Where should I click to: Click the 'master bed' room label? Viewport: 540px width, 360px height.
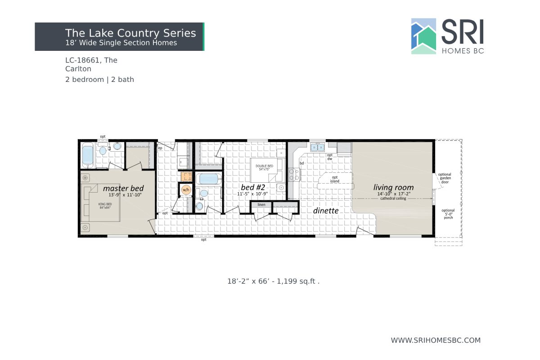pos(123,188)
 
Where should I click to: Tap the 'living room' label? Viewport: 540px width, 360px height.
pos(393,187)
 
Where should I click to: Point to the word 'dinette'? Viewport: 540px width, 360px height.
pos(326,210)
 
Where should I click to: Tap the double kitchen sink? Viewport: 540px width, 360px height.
pos(318,147)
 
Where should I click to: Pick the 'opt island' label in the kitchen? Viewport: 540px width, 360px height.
pos(335,179)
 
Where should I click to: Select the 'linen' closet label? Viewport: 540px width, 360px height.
pos(261,205)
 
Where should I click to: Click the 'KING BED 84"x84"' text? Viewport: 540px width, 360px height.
pos(105,206)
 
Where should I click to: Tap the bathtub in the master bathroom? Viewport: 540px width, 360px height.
pos(87,154)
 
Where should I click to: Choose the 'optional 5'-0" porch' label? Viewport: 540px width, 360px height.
pos(448,214)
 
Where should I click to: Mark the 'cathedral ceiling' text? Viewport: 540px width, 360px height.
pos(393,198)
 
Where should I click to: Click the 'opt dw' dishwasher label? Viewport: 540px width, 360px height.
pos(330,157)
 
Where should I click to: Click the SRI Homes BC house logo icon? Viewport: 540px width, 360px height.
pos(423,36)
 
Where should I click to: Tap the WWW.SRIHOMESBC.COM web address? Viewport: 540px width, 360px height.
pos(436,340)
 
